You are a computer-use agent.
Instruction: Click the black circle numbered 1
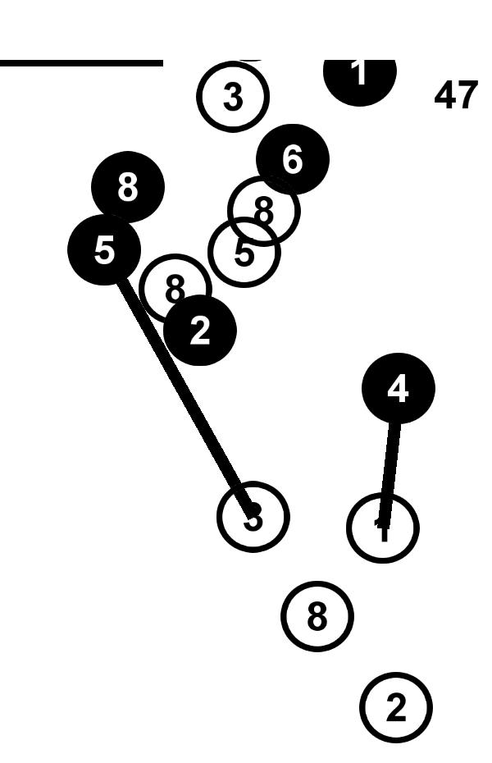tap(359, 75)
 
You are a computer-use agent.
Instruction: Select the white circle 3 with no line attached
tap(233, 97)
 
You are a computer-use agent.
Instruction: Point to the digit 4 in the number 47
tap(445, 97)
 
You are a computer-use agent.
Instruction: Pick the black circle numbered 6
tap(293, 159)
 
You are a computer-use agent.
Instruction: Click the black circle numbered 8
tap(128, 187)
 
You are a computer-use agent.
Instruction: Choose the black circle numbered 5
tap(104, 249)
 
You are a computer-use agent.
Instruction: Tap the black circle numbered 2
tap(200, 331)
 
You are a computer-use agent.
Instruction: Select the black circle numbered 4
tap(398, 389)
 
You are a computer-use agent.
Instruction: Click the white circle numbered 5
tap(244, 254)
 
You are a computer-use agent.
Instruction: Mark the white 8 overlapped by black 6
tap(262, 212)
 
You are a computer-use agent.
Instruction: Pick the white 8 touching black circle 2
tap(174, 287)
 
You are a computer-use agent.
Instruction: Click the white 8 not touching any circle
tap(317, 616)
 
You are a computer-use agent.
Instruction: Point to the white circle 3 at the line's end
tap(253, 517)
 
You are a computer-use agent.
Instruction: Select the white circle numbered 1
tap(382, 528)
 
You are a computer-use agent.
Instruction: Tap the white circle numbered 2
tap(395, 707)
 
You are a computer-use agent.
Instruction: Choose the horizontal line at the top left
tap(81, 62)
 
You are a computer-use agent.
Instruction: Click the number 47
tap(455, 97)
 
